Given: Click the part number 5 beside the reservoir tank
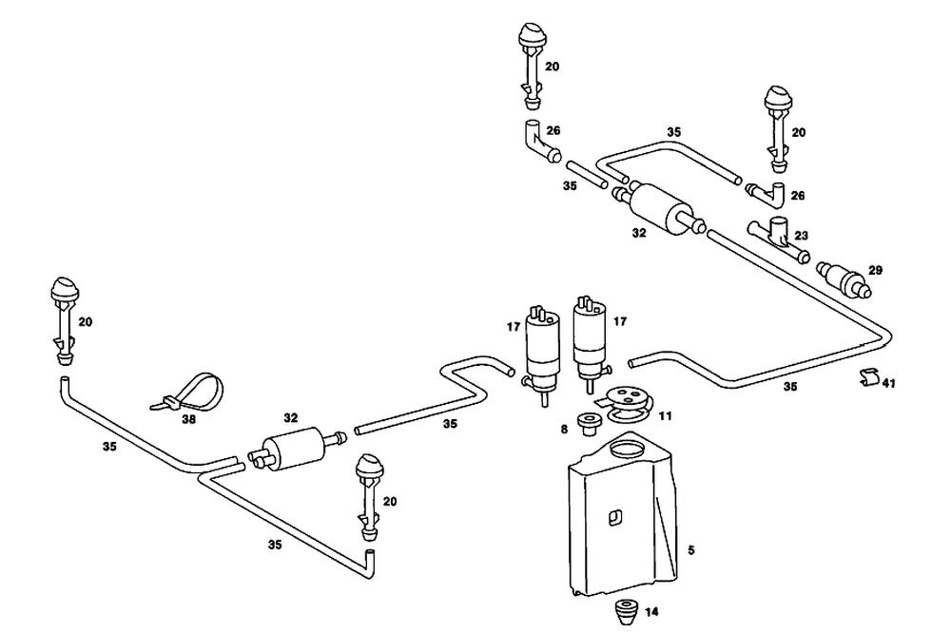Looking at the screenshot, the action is pyautogui.click(x=690, y=550).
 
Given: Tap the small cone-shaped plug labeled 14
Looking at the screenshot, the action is pyautogui.click(x=627, y=612).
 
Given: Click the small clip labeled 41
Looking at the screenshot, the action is pyautogui.click(x=870, y=376).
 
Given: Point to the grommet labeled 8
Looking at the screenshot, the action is pyautogui.click(x=587, y=423).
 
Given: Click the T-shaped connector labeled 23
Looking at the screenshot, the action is pyautogui.click(x=778, y=238).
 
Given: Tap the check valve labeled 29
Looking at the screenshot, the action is pyautogui.click(x=844, y=278).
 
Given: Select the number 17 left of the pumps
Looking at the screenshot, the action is pyautogui.click(x=514, y=327).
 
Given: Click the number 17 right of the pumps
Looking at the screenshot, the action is pyautogui.click(x=620, y=321).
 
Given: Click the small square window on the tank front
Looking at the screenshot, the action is pyautogui.click(x=615, y=517).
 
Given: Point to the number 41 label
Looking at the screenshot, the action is pyautogui.click(x=888, y=383).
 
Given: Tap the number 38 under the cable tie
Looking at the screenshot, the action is pyautogui.click(x=188, y=419).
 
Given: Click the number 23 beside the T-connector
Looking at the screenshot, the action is pyautogui.click(x=801, y=236).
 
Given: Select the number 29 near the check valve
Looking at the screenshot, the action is pyautogui.click(x=875, y=271).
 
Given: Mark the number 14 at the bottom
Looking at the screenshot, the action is pyautogui.click(x=651, y=612).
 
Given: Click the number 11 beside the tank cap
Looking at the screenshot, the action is pyautogui.click(x=666, y=416).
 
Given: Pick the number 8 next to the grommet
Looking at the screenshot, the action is pyautogui.click(x=564, y=430).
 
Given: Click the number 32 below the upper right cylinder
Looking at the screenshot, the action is pyautogui.click(x=639, y=233).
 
